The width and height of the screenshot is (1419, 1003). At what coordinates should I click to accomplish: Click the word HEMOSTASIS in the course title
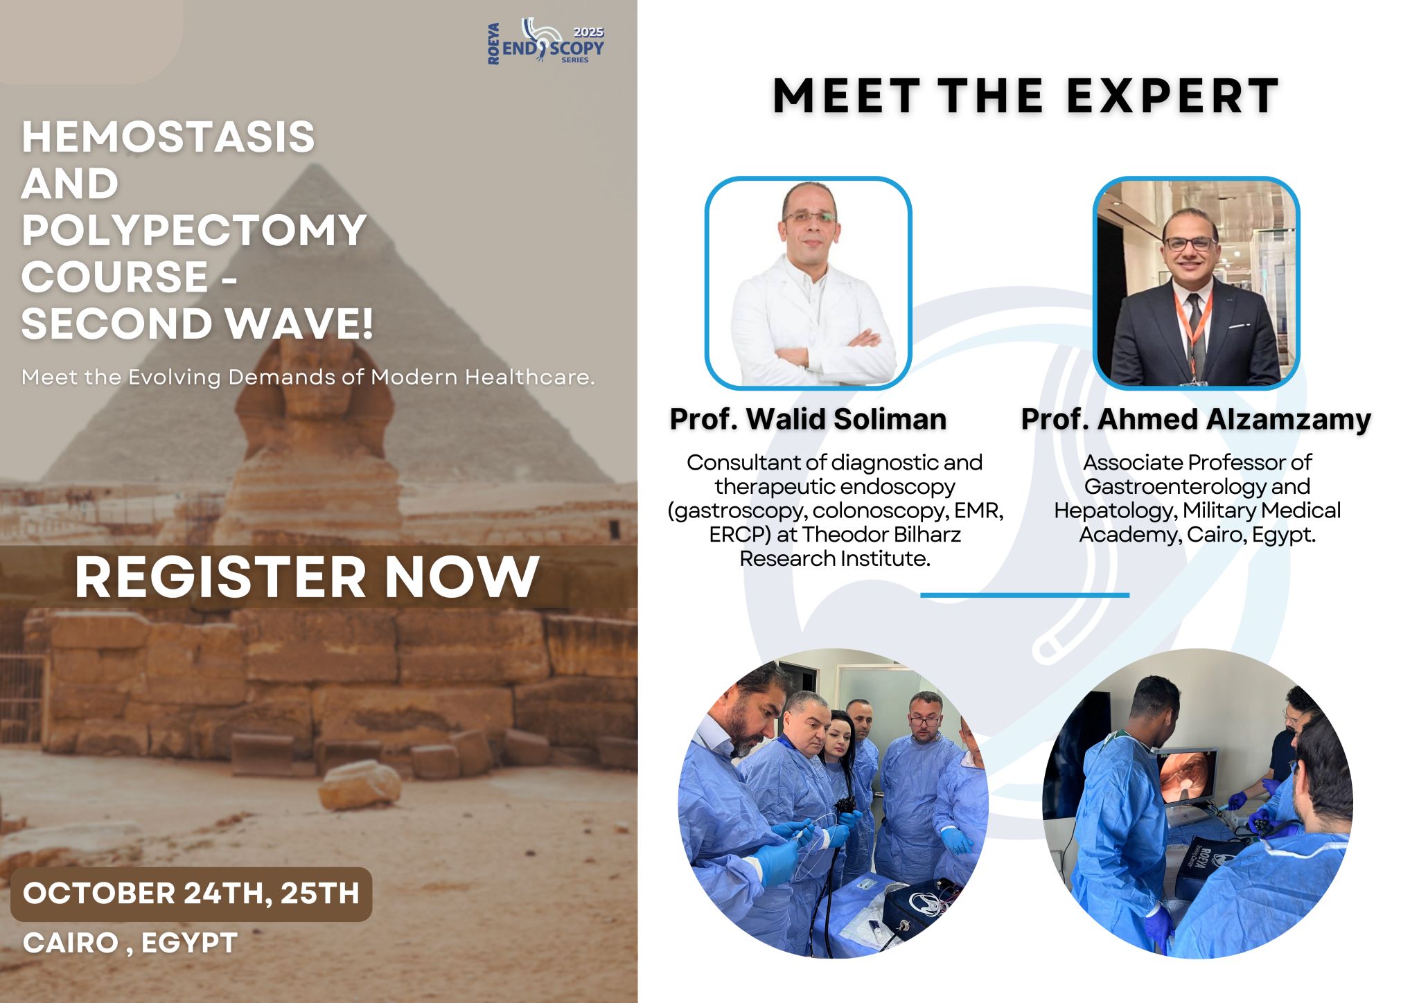(168, 136)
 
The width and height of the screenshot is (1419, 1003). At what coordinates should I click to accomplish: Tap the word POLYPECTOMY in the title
(194, 230)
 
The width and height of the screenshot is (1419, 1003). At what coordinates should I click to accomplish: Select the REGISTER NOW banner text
(306, 577)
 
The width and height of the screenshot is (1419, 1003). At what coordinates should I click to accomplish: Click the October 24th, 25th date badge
(191, 894)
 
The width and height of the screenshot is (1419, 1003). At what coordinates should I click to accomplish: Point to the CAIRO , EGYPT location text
(130, 943)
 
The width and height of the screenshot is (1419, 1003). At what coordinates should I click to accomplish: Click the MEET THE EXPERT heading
(1025, 96)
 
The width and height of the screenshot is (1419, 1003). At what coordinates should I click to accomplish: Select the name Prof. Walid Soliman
(808, 419)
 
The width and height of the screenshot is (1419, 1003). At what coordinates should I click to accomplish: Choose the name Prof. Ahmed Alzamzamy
(1196, 419)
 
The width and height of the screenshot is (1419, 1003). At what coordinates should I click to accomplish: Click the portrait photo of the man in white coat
(808, 283)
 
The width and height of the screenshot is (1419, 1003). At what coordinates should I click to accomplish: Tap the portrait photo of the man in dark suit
(1196, 283)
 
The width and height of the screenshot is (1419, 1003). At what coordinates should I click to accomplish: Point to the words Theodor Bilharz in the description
(882, 534)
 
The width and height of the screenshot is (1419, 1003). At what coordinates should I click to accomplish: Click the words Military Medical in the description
(1262, 511)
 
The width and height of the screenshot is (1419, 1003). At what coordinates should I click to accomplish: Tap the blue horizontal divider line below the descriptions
(1025, 595)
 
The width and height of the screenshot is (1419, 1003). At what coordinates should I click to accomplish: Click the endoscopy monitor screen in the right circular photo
(1186, 776)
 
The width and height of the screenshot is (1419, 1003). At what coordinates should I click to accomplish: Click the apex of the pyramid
(316, 165)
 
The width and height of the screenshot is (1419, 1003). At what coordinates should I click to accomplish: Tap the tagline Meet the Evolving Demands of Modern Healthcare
(308, 378)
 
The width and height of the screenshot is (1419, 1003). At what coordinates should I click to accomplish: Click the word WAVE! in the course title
(299, 323)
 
